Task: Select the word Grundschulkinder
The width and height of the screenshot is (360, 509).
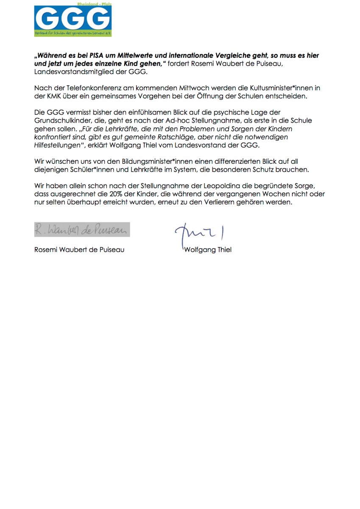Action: pyautogui.click(x=61, y=120)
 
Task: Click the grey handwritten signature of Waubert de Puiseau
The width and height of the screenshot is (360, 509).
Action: pyautogui.click(x=82, y=229)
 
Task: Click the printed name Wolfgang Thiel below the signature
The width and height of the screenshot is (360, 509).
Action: pyautogui.click(x=208, y=250)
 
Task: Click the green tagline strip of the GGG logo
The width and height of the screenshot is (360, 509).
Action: pyautogui.click(x=73, y=33)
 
